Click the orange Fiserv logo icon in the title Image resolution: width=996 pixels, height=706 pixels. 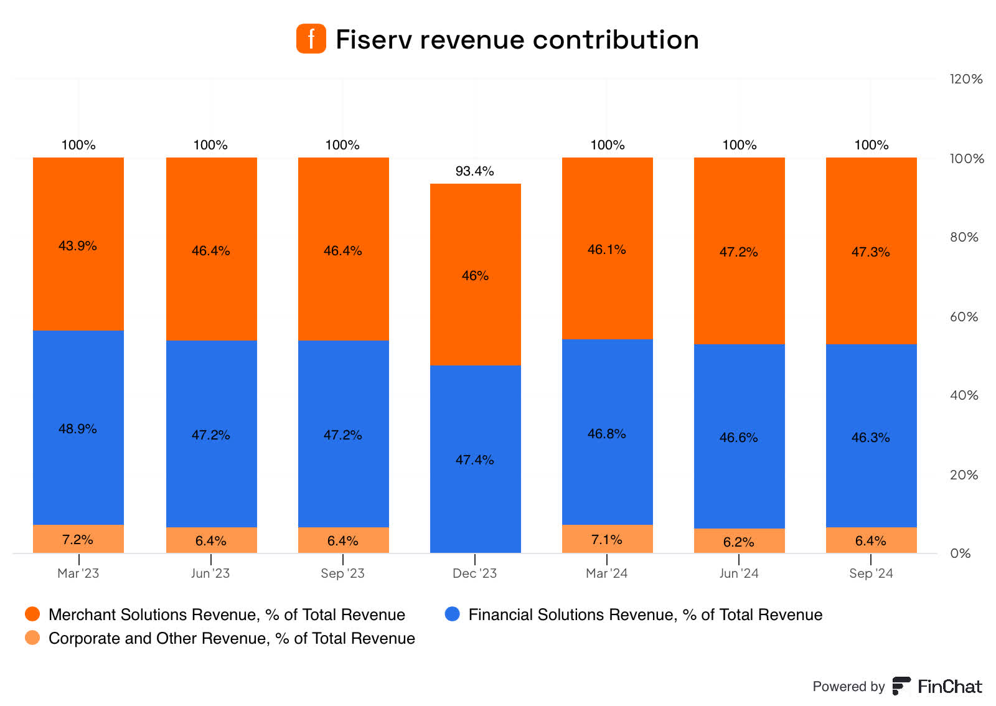point(311,39)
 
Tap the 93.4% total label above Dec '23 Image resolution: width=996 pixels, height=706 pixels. point(474,171)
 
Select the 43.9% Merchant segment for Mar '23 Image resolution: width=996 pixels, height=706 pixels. point(78,246)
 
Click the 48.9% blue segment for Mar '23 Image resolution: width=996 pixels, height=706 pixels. point(78,429)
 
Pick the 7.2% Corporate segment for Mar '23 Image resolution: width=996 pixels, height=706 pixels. point(78,540)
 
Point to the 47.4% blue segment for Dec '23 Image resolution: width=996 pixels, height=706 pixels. point(474,460)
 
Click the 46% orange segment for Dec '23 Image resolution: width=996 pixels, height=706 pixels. point(475,276)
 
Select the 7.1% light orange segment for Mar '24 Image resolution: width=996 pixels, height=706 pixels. point(607,540)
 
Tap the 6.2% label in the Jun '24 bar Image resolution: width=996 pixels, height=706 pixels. point(739,542)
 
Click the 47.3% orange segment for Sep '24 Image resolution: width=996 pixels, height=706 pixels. point(871,252)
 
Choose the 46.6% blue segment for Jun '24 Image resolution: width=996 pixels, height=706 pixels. point(739,438)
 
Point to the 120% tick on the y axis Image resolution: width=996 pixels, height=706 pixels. point(965,79)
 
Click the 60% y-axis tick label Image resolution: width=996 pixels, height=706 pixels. point(964,317)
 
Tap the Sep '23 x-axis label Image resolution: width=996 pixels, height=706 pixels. point(342,573)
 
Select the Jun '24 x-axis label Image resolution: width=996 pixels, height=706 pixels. point(739,573)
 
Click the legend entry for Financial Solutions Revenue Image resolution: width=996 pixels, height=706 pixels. point(644,615)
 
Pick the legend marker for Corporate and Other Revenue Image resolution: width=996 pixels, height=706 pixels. point(32,638)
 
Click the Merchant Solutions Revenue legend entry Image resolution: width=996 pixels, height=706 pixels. point(226,615)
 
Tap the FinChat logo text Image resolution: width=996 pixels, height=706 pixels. point(949,687)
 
